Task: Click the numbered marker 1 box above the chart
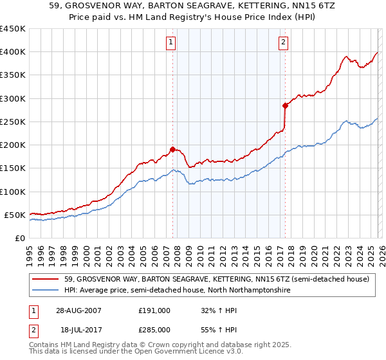pyautogui.click(x=172, y=43)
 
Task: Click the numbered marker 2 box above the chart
pyautogui.click(x=284, y=43)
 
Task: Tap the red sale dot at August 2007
pyautogui.click(x=172, y=149)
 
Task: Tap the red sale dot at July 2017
pyautogui.click(x=285, y=105)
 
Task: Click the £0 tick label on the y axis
pyautogui.click(x=19, y=238)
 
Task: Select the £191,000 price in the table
pyautogui.click(x=154, y=310)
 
